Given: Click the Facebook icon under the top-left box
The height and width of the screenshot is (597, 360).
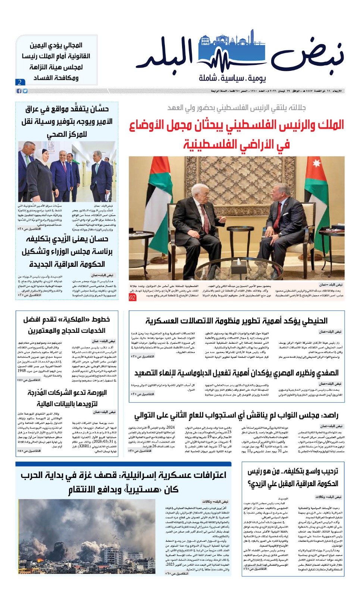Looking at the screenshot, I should [x=19, y=91].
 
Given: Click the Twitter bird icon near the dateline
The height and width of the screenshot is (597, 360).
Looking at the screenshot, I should [x=25, y=91].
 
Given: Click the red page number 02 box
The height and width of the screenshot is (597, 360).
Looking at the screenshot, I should [x=132, y=297].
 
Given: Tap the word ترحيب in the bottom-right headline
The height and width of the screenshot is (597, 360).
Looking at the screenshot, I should [x=327, y=472].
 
